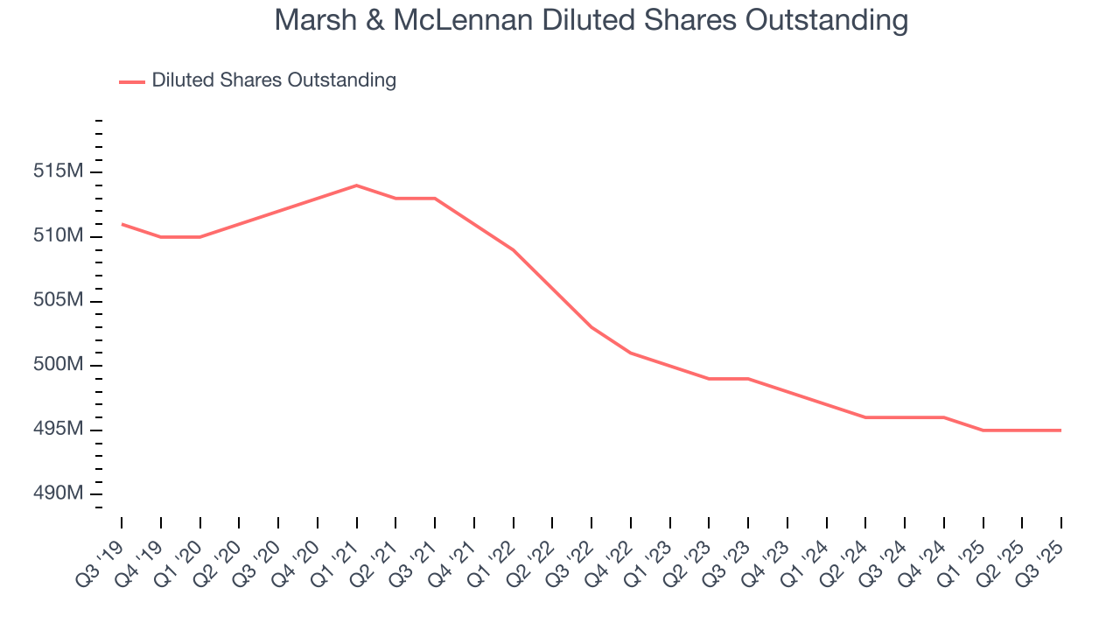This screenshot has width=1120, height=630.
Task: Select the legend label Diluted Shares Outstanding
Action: click(274, 80)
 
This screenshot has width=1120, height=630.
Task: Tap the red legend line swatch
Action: click(131, 81)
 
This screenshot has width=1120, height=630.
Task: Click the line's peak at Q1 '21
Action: click(356, 185)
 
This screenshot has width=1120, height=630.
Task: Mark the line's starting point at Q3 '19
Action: click(122, 224)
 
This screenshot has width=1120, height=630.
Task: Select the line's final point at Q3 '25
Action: click(1060, 430)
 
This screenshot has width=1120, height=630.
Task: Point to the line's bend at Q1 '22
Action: click(513, 249)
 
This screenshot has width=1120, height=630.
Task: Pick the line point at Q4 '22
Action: click(631, 353)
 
